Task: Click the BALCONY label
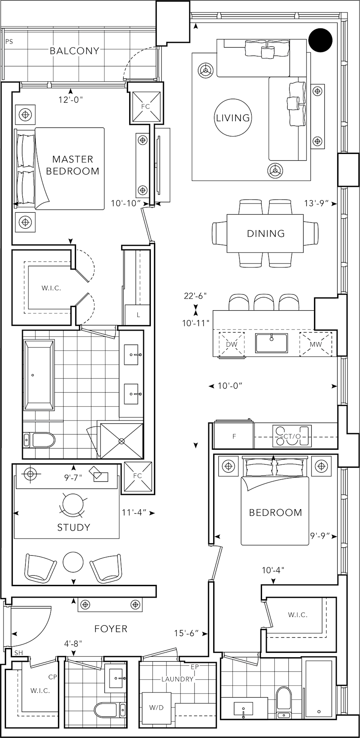(74, 51)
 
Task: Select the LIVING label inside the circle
(233, 118)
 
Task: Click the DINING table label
(266, 233)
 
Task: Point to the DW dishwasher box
(231, 344)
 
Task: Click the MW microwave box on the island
(316, 344)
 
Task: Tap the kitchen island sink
(272, 343)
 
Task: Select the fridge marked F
(234, 436)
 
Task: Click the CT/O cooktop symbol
(292, 436)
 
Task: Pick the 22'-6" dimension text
(195, 296)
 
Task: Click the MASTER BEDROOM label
(72, 165)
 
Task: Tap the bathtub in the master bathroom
(39, 375)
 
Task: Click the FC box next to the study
(138, 476)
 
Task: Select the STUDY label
(74, 527)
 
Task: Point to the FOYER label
(111, 629)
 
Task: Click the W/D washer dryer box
(156, 707)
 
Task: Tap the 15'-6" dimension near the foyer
(186, 634)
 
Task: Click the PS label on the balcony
(9, 42)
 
